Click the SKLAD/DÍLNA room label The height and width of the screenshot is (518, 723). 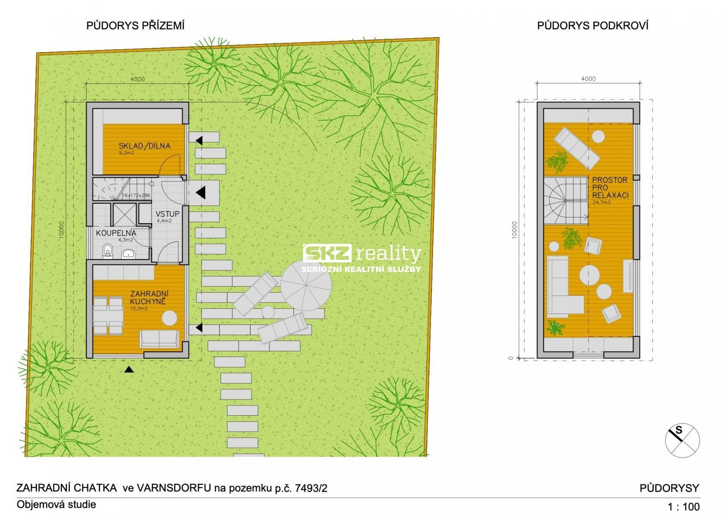pos(144,146)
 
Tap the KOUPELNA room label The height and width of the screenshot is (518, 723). pos(116,233)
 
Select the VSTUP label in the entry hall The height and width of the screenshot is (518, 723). pos(167,214)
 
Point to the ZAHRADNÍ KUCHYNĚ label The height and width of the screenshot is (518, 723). pos(149,297)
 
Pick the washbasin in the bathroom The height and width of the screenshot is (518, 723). pos(129,254)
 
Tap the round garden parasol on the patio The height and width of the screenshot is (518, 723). pos(306,285)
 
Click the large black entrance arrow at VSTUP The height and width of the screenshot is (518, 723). pos(201,193)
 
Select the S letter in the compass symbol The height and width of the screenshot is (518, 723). pos(679,430)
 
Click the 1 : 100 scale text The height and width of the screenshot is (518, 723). pos(684,507)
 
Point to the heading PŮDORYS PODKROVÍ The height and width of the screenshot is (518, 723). pos(593,25)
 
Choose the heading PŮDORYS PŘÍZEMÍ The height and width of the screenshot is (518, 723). pos(135,25)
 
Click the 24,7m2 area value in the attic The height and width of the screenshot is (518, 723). pos(601,202)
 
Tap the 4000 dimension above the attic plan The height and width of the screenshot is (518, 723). pos(588,79)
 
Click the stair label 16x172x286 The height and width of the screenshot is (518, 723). pos(136,196)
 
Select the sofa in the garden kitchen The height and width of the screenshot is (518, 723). pos(159,338)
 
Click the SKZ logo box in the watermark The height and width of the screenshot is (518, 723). pos(327,253)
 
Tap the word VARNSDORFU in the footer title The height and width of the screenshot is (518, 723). pos(174,488)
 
